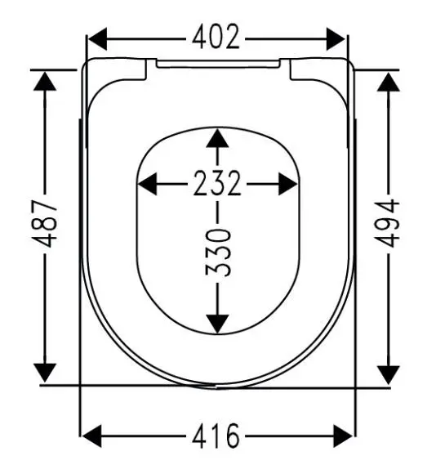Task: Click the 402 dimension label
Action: [x=216, y=37]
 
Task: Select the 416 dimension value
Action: [x=216, y=436]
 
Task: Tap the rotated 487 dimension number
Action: [x=44, y=224]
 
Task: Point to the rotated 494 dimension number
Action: [x=387, y=223]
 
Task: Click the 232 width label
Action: [x=217, y=183]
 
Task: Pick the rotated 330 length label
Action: [x=218, y=252]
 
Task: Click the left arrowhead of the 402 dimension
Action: [x=98, y=39]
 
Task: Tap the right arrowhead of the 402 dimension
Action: [x=336, y=39]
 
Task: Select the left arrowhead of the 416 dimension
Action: [x=91, y=436]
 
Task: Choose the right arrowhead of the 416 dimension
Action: [x=343, y=436]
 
